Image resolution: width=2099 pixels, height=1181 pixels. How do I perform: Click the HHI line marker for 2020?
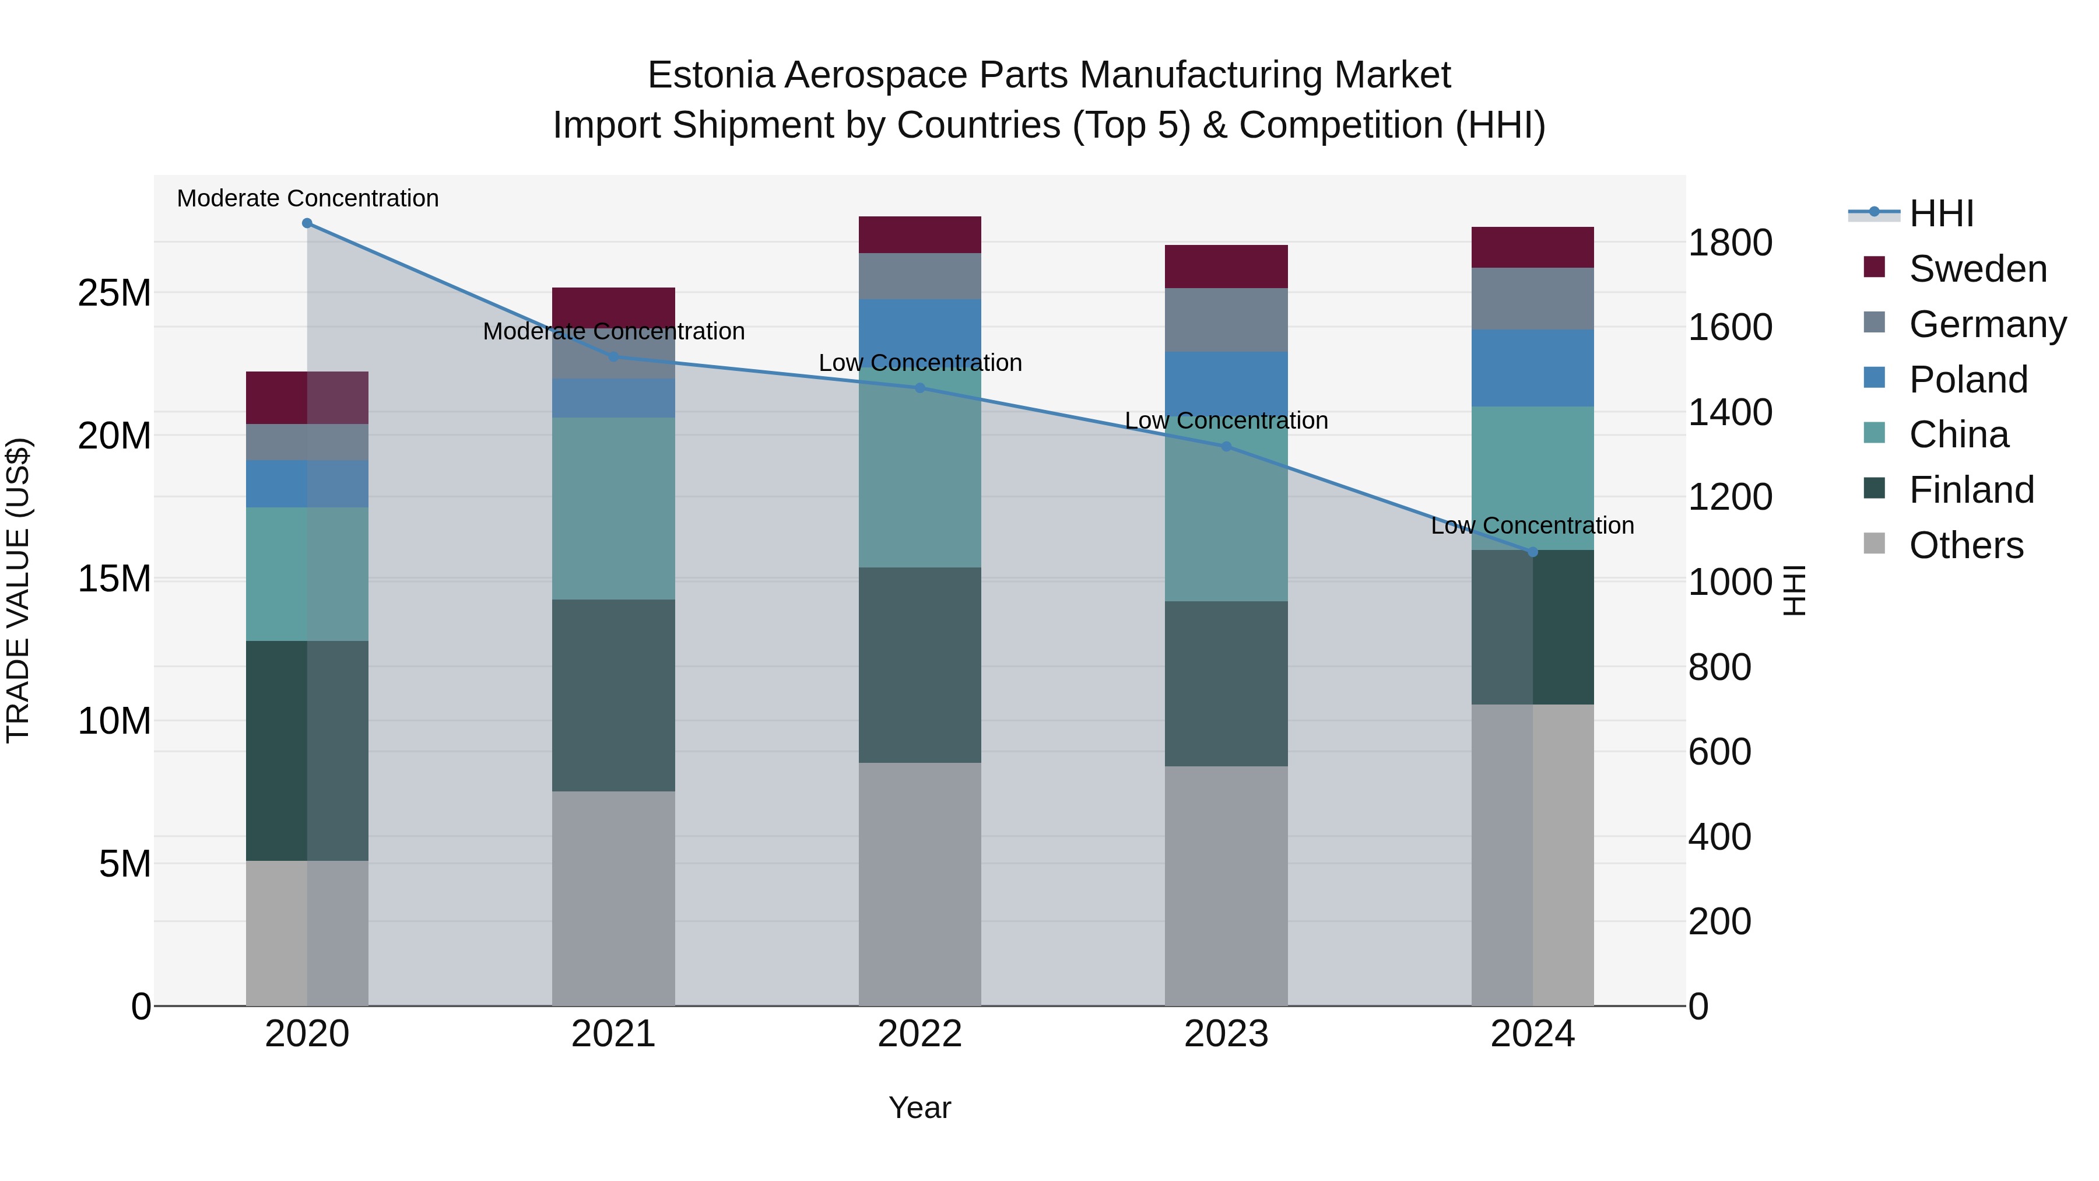click(307, 223)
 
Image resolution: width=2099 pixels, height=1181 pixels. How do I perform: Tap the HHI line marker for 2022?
click(920, 388)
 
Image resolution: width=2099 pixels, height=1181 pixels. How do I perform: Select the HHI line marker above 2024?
click(1533, 552)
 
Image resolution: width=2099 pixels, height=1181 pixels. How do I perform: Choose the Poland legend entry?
click(1968, 380)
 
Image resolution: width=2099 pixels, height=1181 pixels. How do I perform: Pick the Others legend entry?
click(1965, 545)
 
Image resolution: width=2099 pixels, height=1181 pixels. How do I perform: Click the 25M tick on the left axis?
click(114, 293)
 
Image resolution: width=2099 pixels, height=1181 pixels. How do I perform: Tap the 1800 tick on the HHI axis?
click(1730, 243)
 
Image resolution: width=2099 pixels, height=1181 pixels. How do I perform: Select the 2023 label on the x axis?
click(1226, 1034)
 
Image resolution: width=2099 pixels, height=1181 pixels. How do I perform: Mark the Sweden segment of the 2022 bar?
click(920, 234)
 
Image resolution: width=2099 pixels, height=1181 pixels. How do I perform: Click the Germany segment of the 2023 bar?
click(1226, 320)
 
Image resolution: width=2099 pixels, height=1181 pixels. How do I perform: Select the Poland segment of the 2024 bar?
click(1533, 367)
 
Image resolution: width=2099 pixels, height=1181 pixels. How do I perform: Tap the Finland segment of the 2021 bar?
click(613, 695)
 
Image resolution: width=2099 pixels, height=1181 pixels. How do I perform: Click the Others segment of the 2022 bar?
click(920, 884)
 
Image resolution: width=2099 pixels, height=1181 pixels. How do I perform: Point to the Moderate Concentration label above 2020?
click(307, 199)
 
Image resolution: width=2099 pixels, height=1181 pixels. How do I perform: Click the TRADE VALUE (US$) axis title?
click(18, 590)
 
